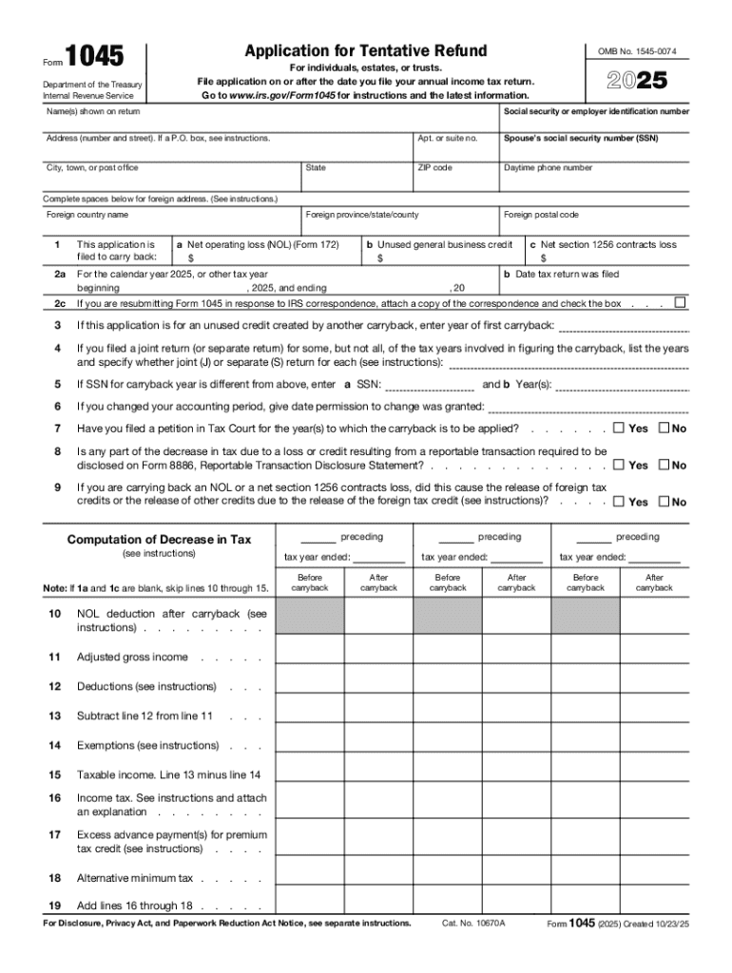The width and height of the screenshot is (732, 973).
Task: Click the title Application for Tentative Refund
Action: tap(365, 50)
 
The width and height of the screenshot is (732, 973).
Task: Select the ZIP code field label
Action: tap(434, 168)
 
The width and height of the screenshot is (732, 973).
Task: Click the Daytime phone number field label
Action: tap(548, 168)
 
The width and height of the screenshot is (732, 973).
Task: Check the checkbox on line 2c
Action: tap(679, 303)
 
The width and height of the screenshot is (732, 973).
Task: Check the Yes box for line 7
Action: tap(619, 428)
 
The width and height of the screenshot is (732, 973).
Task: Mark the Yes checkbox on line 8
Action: tap(619, 465)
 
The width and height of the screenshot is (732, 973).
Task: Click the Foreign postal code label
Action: tap(541, 215)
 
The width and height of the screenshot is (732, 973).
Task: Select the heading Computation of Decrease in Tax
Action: tap(159, 540)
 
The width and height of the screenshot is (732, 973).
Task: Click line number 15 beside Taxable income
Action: tap(55, 775)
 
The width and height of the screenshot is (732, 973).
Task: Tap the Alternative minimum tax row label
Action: tap(134, 879)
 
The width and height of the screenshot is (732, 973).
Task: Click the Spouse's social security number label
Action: tap(581, 139)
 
